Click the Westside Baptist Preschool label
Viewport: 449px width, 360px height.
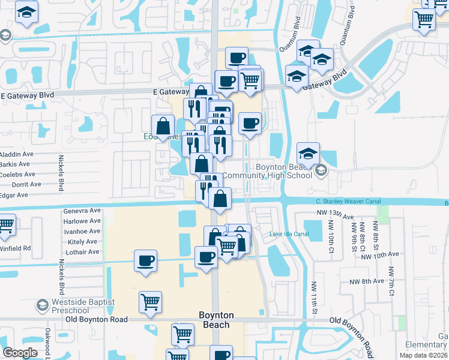pos(62,305)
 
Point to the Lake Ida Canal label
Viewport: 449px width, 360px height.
pos(289,234)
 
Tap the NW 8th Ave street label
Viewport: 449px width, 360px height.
pos(362,280)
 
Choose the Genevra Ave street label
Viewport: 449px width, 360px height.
pos(82,211)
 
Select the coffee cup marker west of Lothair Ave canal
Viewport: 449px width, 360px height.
pos(145,261)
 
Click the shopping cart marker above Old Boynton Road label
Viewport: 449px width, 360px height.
pos(150,301)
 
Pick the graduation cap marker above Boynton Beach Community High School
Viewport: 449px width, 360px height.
pos(308,154)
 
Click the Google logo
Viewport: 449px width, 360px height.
pos(20,353)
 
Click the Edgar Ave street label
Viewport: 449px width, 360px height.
pos(14,195)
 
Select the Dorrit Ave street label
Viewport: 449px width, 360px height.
pos(15,185)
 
